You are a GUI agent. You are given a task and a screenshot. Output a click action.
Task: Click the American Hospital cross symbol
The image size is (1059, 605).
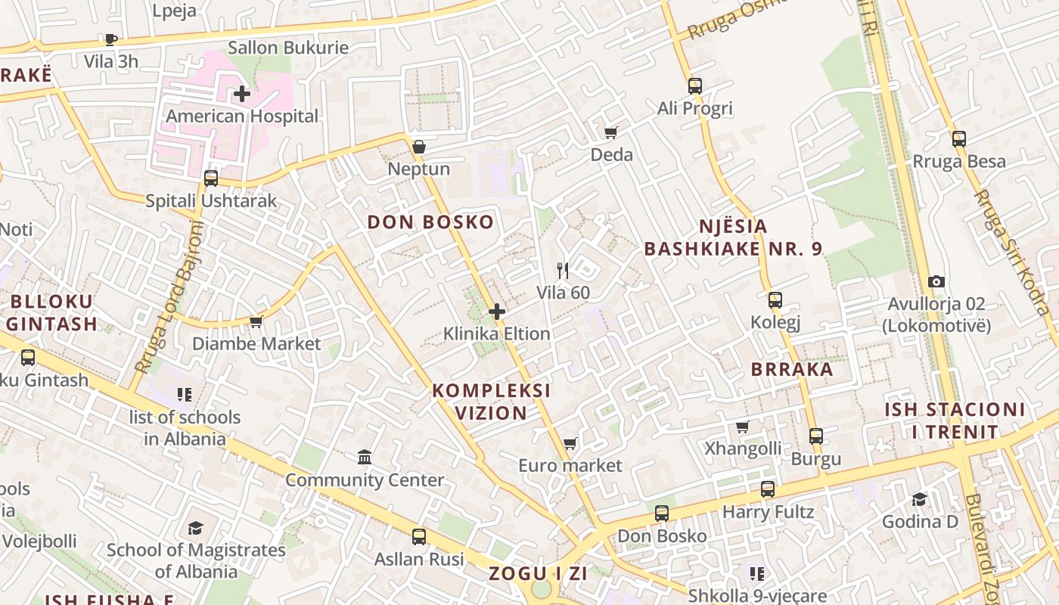(x=242, y=95)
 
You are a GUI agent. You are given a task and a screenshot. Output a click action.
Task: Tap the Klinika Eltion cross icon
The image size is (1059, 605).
(x=497, y=312)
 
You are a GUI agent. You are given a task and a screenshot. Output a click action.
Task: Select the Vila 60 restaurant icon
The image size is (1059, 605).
(x=563, y=270)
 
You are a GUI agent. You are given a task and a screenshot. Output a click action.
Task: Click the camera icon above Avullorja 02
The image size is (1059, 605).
(x=936, y=281)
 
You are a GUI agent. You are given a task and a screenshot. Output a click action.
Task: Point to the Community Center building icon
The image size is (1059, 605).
(x=365, y=457)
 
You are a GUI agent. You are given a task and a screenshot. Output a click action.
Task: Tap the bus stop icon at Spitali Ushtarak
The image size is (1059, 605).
(x=211, y=178)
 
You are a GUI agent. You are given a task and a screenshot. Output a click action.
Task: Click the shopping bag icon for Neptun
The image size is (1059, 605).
(x=418, y=146)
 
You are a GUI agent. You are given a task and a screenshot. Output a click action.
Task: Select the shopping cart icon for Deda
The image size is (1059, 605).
(x=611, y=132)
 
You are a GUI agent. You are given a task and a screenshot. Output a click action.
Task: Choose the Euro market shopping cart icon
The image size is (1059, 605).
(x=570, y=443)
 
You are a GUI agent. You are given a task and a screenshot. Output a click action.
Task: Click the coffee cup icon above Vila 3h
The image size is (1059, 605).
(x=111, y=39)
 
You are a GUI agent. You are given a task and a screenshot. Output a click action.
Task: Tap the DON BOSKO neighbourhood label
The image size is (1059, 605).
(x=430, y=222)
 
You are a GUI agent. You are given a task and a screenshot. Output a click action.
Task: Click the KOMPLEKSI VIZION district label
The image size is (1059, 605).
(x=491, y=402)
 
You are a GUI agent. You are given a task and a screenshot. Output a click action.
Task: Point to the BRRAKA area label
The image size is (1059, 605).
(x=792, y=370)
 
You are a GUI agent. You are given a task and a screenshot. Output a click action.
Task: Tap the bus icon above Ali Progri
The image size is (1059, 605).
(x=695, y=86)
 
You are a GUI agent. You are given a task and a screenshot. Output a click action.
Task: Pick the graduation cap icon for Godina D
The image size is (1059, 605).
(x=920, y=499)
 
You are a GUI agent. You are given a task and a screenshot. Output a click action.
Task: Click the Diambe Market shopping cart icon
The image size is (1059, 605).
(x=256, y=321)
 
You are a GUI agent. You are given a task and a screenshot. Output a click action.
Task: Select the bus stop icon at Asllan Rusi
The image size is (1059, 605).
(x=419, y=537)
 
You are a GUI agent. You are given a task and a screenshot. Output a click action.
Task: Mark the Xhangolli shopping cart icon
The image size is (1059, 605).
(x=743, y=427)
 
